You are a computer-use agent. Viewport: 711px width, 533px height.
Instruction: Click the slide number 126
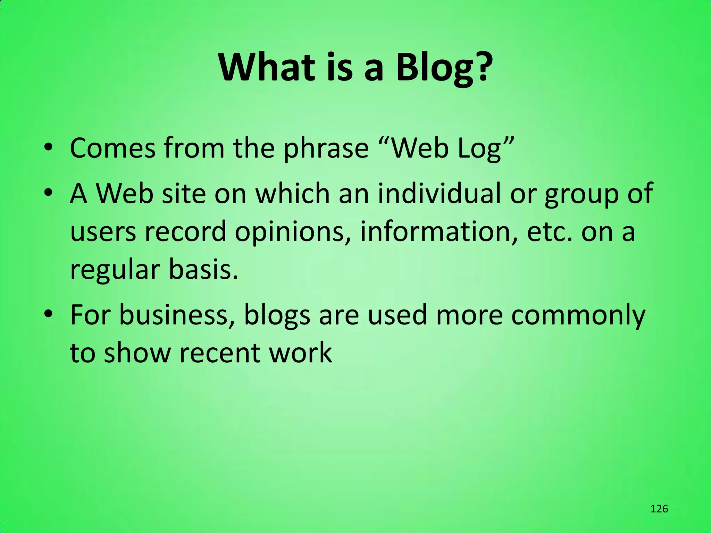tap(659, 509)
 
